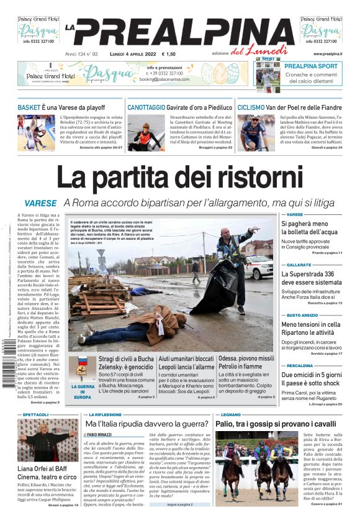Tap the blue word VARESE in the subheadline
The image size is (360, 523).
pos(41,204)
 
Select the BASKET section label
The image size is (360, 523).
pos(29,107)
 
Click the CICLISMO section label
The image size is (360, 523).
pos(251,107)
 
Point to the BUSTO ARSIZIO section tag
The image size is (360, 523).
pos(303,315)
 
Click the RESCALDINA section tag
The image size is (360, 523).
pos(300,365)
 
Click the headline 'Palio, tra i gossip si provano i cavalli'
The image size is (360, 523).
pos(275,424)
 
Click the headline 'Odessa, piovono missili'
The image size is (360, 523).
pos(246,358)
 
